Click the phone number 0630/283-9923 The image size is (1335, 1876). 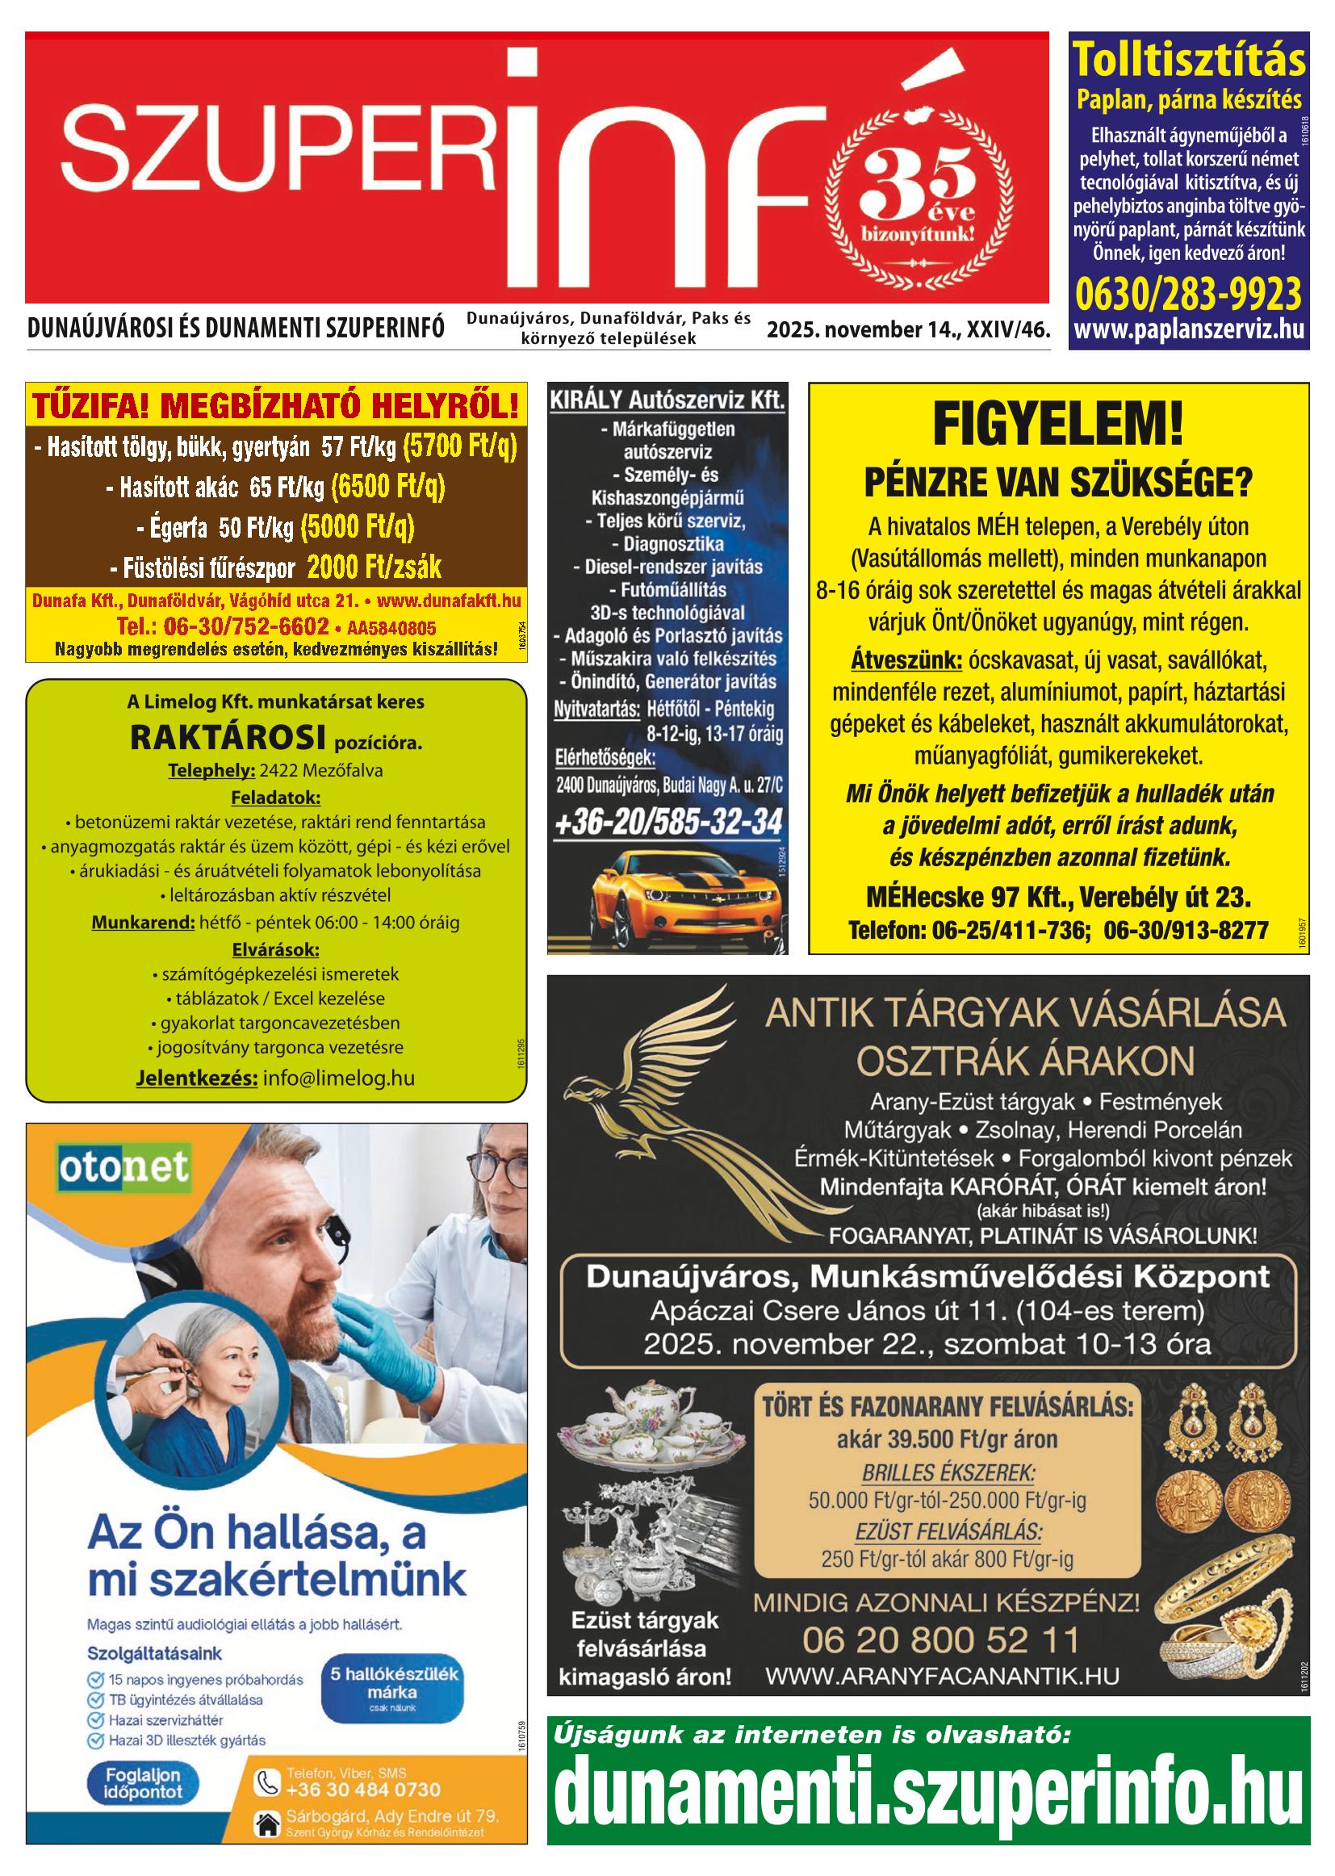(x=1188, y=294)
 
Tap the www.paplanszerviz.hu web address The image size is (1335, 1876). (x=1189, y=330)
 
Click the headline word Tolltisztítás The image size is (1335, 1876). (x=1189, y=60)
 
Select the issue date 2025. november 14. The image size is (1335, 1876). (x=863, y=330)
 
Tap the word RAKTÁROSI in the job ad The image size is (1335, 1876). (x=228, y=739)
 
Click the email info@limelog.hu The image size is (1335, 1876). (x=339, y=1078)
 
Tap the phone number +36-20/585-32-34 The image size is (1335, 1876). (x=668, y=823)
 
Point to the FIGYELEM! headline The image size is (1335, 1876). (x=1058, y=425)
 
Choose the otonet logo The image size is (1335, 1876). (x=124, y=1168)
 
